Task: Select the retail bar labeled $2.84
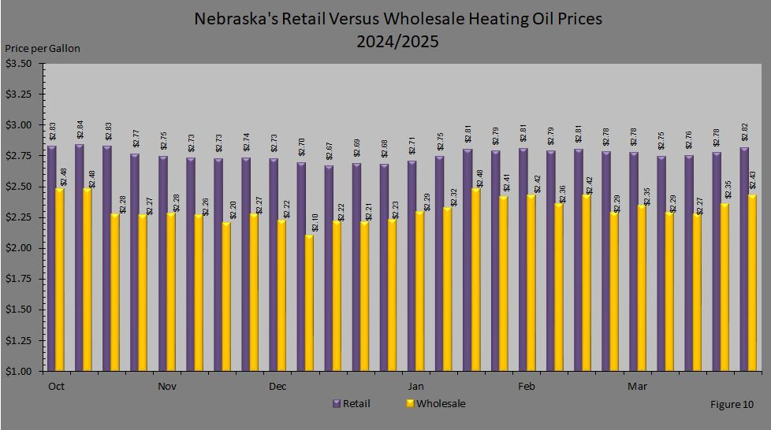coord(80,257)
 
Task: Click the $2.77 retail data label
coord(136,138)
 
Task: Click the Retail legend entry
coord(351,404)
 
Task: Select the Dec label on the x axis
coord(277,387)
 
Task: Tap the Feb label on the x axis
coord(526,387)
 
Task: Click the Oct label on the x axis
coord(56,387)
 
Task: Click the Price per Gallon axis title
coord(43,48)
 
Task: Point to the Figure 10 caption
coord(732,405)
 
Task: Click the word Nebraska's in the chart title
coord(234,19)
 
